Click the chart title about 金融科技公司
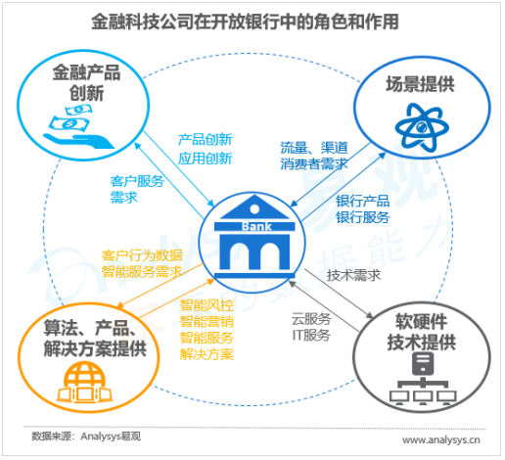click(x=245, y=22)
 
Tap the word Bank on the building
click(x=256, y=226)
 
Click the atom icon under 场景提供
click(x=422, y=127)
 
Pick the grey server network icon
click(x=423, y=379)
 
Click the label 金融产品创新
click(x=87, y=82)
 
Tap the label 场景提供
click(x=420, y=84)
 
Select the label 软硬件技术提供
click(x=422, y=332)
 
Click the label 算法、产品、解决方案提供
click(x=95, y=339)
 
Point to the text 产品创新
click(x=205, y=140)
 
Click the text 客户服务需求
click(x=137, y=189)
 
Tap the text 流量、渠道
click(x=314, y=148)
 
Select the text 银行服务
click(x=363, y=217)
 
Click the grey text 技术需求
click(x=353, y=275)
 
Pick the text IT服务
click(x=311, y=335)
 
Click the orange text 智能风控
click(x=207, y=305)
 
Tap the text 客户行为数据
click(x=142, y=255)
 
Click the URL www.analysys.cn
click(x=441, y=440)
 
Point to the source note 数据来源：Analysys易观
click(x=86, y=437)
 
